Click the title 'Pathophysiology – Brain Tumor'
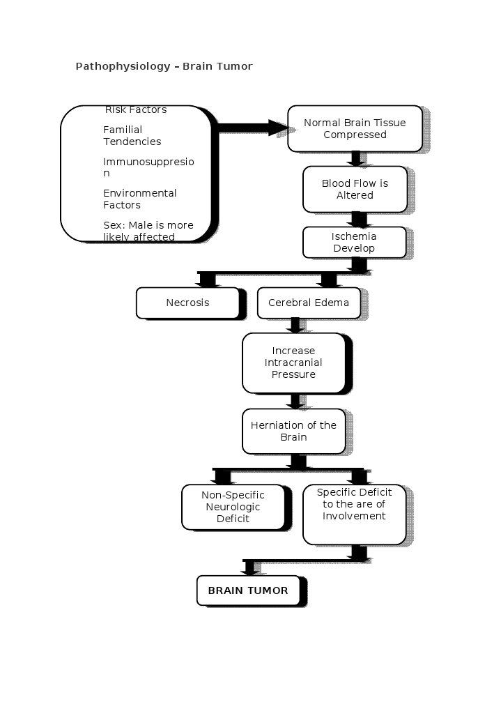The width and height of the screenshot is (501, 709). pyautogui.click(x=164, y=66)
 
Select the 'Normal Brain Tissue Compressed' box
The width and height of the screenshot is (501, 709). pyautogui.click(x=355, y=128)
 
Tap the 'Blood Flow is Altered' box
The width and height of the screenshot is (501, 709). pyautogui.click(x=355, y=189)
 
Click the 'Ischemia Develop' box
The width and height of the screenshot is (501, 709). pyautogui.click(x=354, y=242)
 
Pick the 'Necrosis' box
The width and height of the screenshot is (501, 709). pyautogui.click(x=187, y=303)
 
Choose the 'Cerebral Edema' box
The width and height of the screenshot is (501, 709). pyautogui.click(x=309, y=303)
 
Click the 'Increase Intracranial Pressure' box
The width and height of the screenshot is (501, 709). pyautogui.click(x=293, y=363)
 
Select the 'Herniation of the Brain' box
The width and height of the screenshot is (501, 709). pyautogui.click(x=293, y=431)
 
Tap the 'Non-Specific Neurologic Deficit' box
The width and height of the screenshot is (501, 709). pyautogui.click(x=233, y=507)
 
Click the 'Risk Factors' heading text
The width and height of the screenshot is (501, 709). pyautogui.click(x=136, y=109)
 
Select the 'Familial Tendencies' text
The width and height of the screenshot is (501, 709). pyautogui.click(x=132, y=135)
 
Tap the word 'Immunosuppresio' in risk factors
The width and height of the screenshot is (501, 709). pyautogui.click(x=148, y=162)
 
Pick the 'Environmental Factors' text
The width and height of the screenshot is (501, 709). pyautogui.click(x=139, y=199)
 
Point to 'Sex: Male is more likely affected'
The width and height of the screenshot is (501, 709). pyautogui.click(x=148, y=231)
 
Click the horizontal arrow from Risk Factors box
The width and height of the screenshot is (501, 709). pyautogui.click(x=251, y=128)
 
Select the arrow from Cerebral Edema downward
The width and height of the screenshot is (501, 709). pyautogui.click(x=295, y=325)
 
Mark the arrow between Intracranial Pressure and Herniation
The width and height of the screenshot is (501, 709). pyautogui.click(x=295, y=401)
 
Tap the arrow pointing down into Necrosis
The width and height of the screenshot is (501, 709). pyautogui.click(x=207, y=280)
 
